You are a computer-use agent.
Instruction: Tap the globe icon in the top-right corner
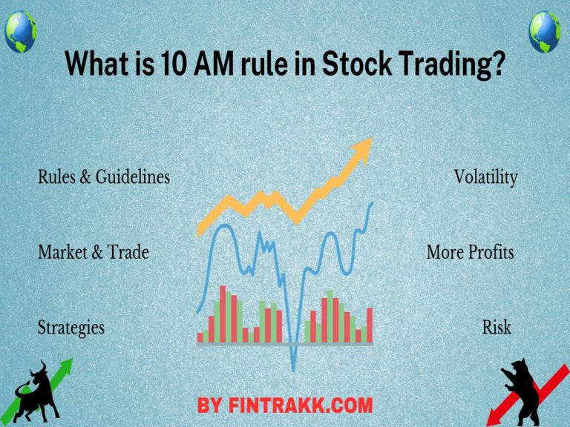tap(546, 31)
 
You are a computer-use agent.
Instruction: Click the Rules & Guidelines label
tap(104, 178)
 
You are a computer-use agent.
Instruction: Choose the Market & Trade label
tap(94, 253)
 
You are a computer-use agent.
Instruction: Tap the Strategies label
tap(71, 327)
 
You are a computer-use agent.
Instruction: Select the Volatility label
tap(485, 178)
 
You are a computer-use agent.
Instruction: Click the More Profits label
tap(470, 253)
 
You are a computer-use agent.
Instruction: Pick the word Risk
tap(497, 327)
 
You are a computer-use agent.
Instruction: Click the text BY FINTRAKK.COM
tap(285, 406)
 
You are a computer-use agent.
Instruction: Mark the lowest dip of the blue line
tap(294, 367)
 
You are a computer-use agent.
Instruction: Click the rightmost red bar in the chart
tap(370, 325)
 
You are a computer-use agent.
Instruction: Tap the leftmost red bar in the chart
tap(200, 337)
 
